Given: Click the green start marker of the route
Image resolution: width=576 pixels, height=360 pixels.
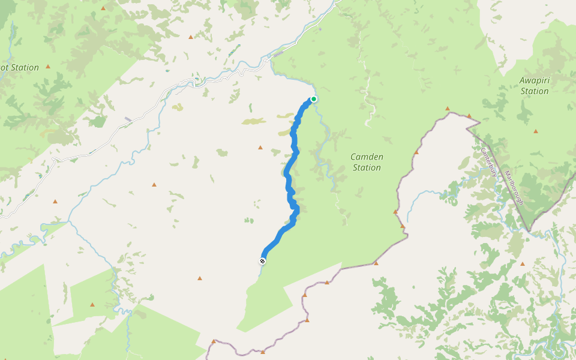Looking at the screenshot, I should tap(313, 100).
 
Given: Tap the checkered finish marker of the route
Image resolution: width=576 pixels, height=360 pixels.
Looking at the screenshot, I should tap(263, 261).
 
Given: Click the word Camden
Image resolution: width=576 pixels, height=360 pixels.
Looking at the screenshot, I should tap(367, 157).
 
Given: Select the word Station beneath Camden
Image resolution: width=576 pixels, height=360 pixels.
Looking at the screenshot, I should tap(367, 167).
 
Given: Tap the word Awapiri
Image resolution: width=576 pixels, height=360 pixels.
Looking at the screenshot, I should tap(535, 80).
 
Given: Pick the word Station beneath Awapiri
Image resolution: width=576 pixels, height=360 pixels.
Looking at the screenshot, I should tap(535, 91).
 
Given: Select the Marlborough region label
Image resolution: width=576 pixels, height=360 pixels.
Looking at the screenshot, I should tap(514, 188).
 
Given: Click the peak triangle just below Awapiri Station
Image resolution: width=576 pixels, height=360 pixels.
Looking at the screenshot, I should tap(535, 131).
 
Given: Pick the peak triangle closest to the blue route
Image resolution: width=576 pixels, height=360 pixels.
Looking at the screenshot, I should tap(260, 147).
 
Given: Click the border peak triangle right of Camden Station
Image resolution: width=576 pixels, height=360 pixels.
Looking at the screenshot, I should tap(416, 152).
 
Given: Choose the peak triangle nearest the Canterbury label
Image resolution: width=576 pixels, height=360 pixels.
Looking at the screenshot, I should tap(469, 116).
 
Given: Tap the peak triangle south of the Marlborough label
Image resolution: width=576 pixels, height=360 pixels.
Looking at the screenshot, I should tap(523, 263).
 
